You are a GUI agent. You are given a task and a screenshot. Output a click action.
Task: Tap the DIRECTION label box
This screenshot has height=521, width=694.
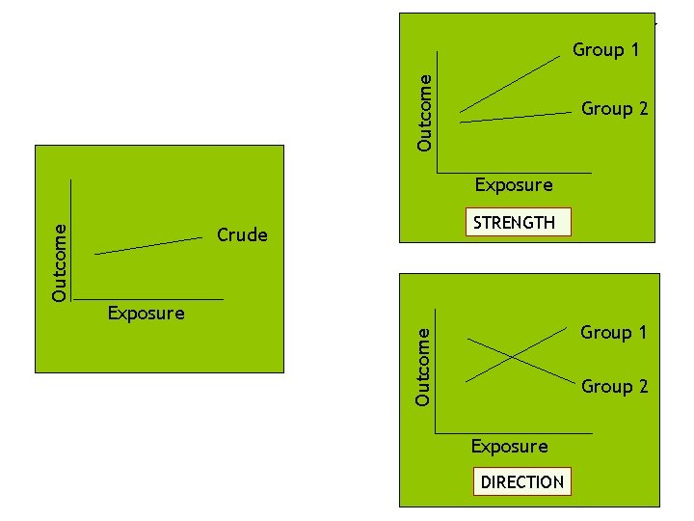click(x=521, y=481)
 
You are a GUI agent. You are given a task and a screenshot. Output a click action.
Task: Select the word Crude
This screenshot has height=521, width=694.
click(x=242, y=234)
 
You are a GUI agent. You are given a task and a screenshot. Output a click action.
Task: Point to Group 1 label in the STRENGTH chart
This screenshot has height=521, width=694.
click(x=606, y=49)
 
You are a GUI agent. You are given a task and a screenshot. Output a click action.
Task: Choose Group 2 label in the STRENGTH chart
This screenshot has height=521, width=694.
click(x=614, y=109)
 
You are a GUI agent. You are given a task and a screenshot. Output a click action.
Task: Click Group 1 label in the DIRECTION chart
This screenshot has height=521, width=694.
click(x=614, y=333)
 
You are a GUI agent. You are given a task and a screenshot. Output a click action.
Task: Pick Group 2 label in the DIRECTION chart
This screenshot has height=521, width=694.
click(x=614, y=387)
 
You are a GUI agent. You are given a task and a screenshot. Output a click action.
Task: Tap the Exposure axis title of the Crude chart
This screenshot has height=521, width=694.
click(x=146, y=313)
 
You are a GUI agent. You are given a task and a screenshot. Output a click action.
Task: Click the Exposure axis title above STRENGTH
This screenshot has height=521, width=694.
click(x=514, y=184)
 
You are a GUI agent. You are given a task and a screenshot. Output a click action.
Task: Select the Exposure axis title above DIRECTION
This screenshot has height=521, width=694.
click(x=509, y=446)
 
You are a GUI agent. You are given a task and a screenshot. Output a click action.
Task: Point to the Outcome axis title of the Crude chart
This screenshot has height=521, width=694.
click(x=60, y=262)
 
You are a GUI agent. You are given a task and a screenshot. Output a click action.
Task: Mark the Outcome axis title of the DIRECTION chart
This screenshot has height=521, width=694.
click(x=423, y=366)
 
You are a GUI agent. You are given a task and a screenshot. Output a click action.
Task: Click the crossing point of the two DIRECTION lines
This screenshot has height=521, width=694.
click(x=513, y=357)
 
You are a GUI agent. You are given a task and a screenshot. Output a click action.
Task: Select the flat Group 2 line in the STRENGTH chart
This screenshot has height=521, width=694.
click(x=516, y=118)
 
